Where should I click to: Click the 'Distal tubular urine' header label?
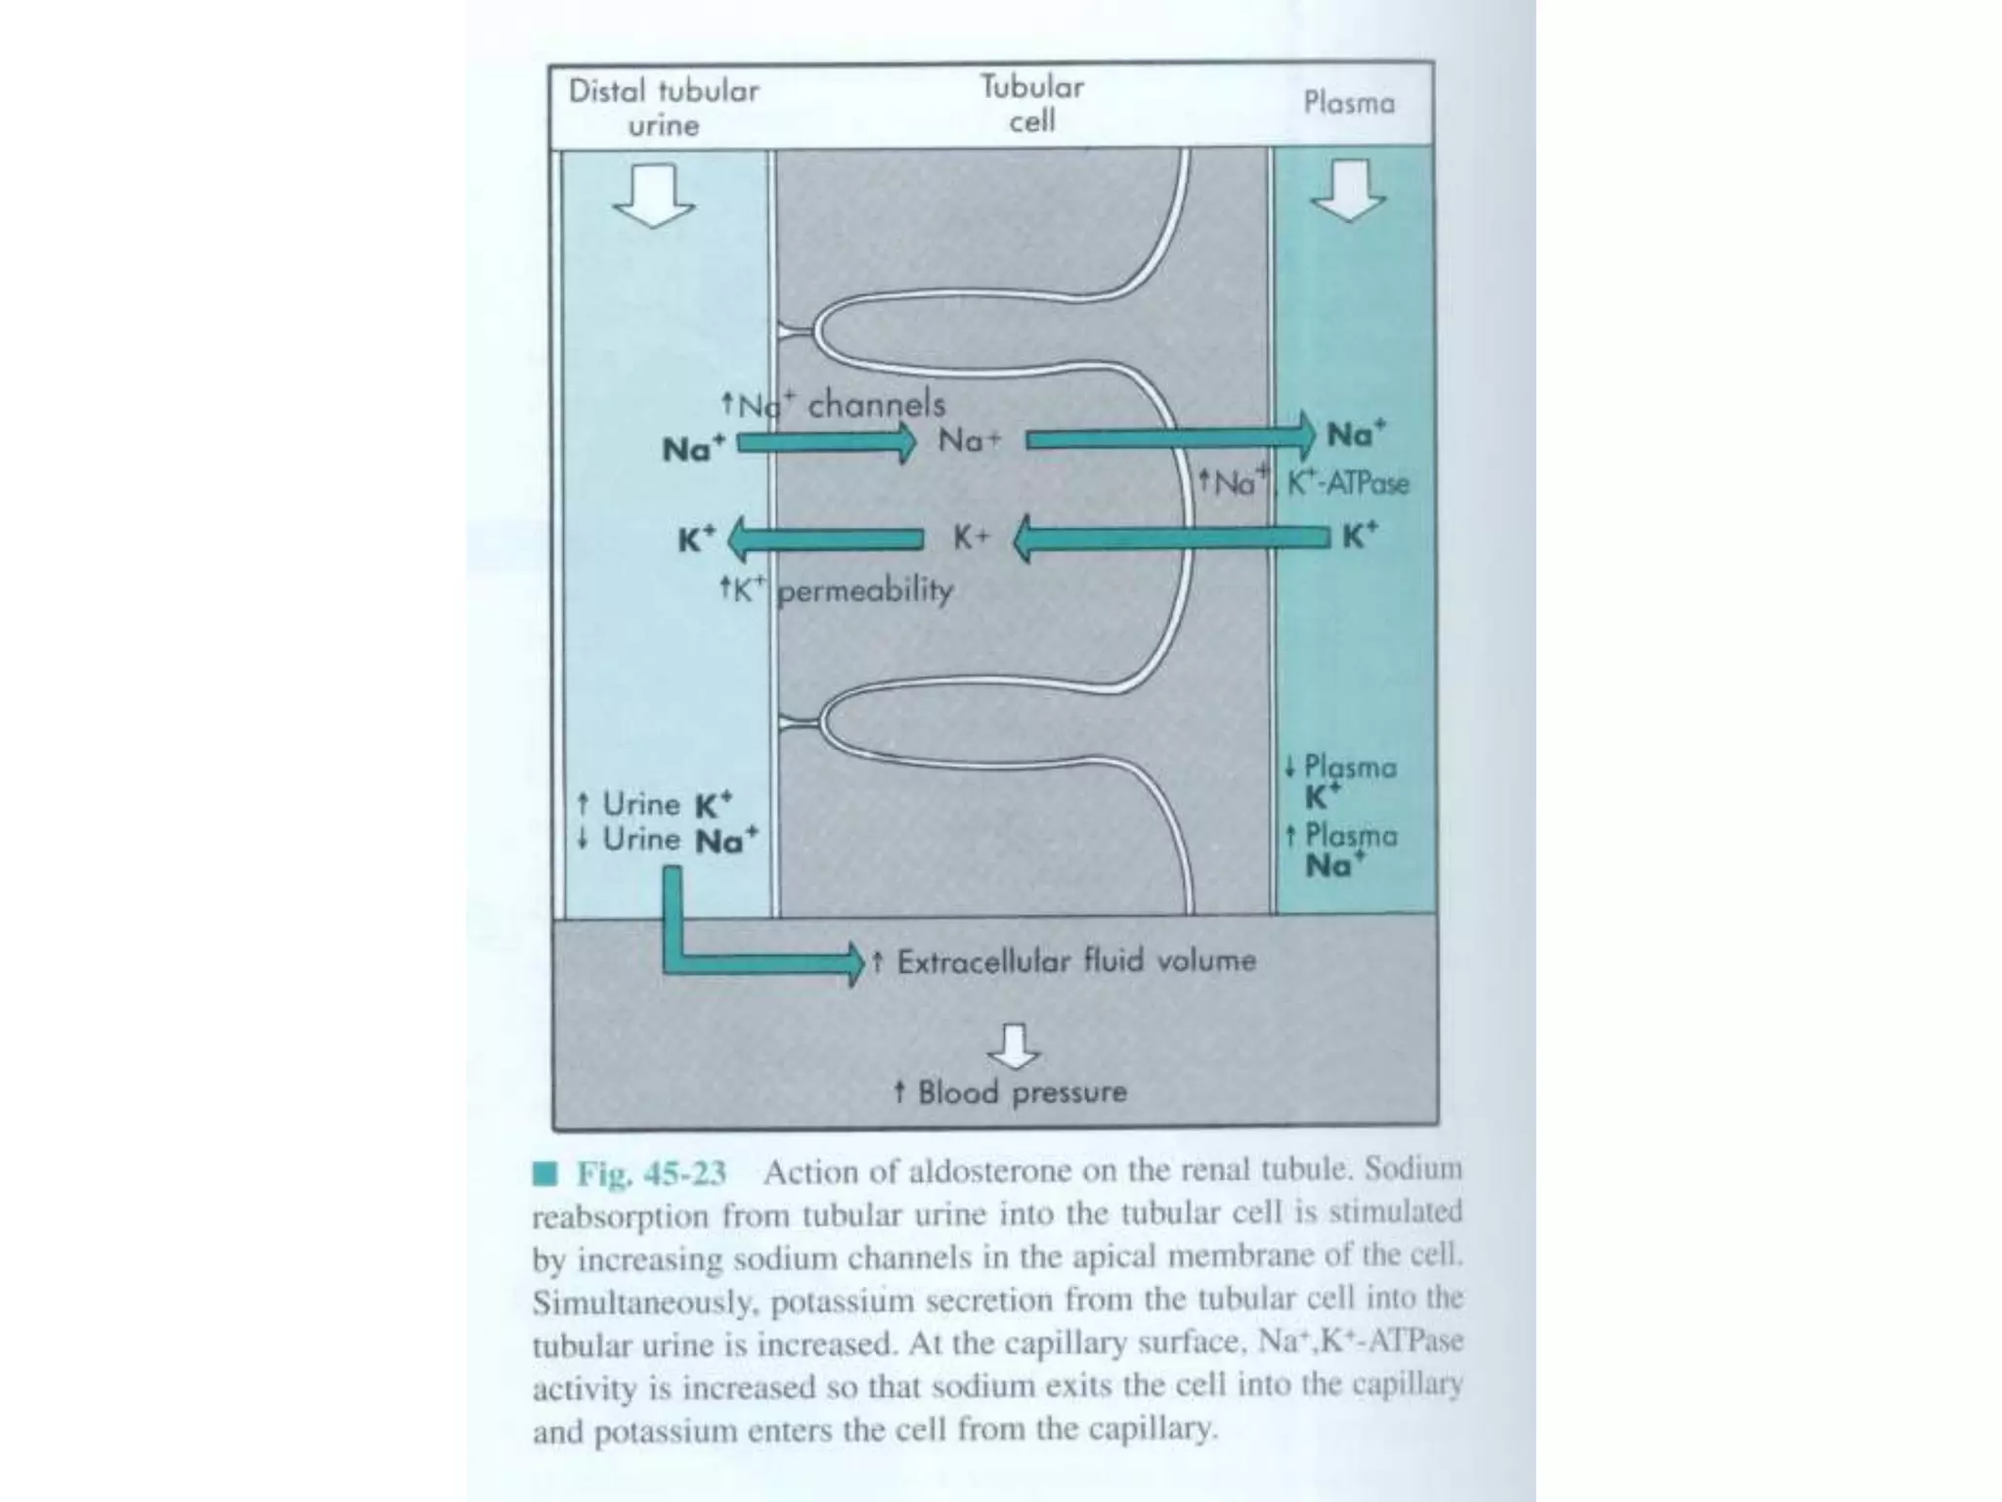664,108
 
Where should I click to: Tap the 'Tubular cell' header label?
1032,104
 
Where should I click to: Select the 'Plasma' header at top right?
1349,103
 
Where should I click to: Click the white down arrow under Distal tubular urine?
654,196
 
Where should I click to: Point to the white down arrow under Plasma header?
1349,191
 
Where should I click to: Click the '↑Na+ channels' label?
833,404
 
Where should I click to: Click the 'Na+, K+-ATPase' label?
1305,482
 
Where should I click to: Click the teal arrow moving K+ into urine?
826,539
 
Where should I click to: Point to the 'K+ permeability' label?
836,590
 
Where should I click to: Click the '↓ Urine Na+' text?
668,839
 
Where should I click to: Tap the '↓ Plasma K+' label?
1341,780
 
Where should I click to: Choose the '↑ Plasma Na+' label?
1341,849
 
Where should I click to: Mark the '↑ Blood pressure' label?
1011,1091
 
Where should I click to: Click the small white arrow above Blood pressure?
1015,1046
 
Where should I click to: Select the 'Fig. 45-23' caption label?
650,1172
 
